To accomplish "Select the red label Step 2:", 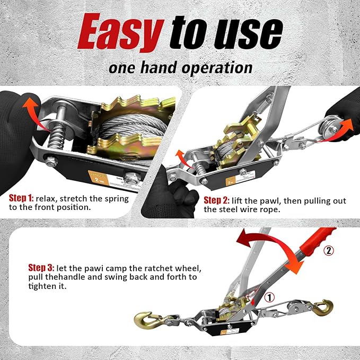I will pos(216,200).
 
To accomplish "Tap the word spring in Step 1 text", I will pos(116,198).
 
